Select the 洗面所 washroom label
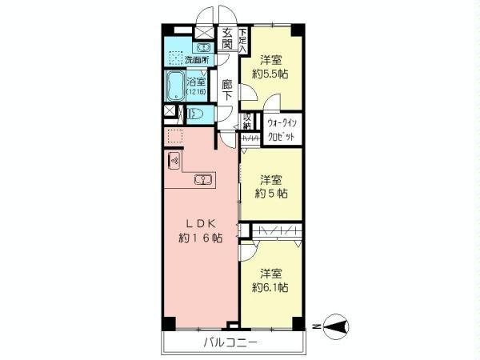[x=194, y=60]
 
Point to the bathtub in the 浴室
[x=175, y=85]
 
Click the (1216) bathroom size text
[x=197, y=93]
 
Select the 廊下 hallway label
[x=227, y=90]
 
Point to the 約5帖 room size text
[x=270, y=194]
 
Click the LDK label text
[x=200, y=223]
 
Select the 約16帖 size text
[x=200, y=238]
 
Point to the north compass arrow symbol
[x=339, y=326]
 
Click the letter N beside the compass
[x=317, y=326]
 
